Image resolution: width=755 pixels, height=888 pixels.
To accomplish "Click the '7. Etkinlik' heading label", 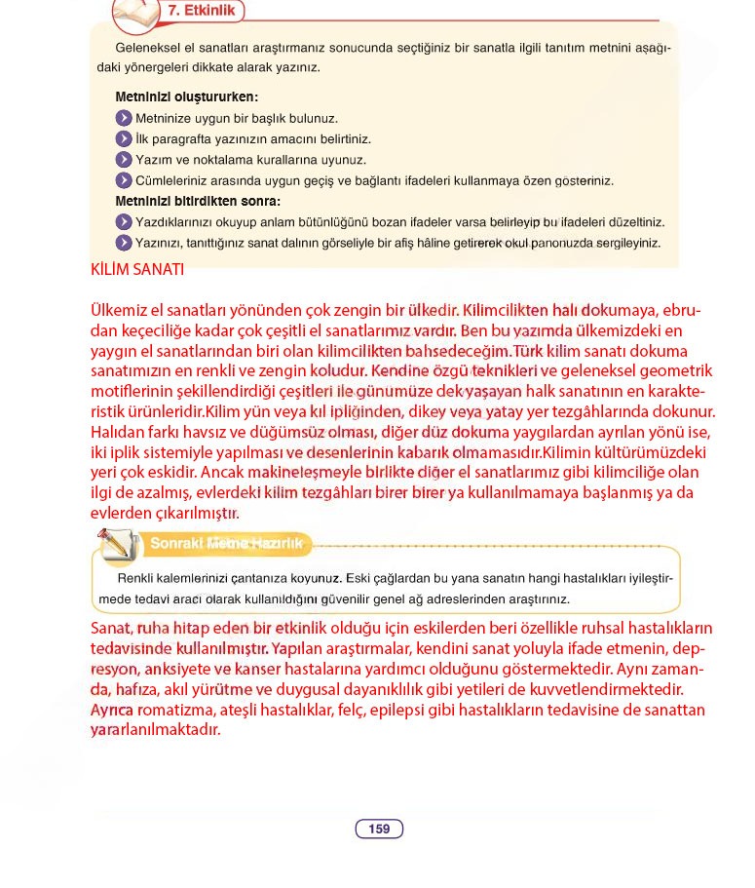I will (199, 12).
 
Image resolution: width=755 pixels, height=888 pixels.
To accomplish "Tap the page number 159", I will (379, 830).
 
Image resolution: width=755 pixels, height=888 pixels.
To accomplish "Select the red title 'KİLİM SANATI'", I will (136, 270).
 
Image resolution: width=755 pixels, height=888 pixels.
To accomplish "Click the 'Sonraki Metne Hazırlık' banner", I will (226, 544).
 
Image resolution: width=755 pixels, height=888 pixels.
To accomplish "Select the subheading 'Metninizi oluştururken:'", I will (186, 97).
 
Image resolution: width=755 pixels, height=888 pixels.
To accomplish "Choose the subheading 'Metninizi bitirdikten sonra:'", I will (198, 202).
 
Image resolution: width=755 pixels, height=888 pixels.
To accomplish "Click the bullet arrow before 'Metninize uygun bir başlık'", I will (124, 118).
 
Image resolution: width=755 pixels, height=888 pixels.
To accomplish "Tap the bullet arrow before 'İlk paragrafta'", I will (124, 139).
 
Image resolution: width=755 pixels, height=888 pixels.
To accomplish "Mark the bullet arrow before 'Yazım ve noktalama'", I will (124, 160).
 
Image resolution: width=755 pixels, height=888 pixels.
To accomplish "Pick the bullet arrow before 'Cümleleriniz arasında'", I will (124, 181).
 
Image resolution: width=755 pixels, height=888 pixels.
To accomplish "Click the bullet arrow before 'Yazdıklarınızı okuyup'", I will (124, 222).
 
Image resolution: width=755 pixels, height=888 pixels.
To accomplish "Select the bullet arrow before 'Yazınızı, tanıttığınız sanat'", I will (124, 243).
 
